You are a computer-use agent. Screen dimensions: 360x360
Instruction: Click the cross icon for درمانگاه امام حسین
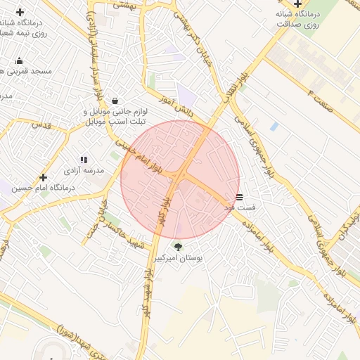point(44,177)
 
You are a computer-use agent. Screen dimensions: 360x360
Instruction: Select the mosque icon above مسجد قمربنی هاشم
point(18,60)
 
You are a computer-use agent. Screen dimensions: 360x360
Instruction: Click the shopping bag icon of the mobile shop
point(115,101)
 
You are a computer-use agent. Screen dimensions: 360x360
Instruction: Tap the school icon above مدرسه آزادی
point(84,160)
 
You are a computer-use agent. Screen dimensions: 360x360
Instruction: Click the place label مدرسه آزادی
point(84,171)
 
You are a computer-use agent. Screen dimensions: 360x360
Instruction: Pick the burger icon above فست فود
point(240,197)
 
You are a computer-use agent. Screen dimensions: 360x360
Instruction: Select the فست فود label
point(239,208)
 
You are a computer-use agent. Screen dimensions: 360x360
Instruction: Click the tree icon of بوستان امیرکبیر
point(177,247)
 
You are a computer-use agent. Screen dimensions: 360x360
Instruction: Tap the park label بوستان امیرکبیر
point(179,259)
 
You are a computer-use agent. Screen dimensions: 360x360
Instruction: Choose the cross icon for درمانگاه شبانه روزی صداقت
point(298,4)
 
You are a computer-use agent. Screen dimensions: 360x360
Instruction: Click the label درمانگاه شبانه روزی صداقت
point(300,18)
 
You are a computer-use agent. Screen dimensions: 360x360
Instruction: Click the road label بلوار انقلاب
point(230,89)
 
